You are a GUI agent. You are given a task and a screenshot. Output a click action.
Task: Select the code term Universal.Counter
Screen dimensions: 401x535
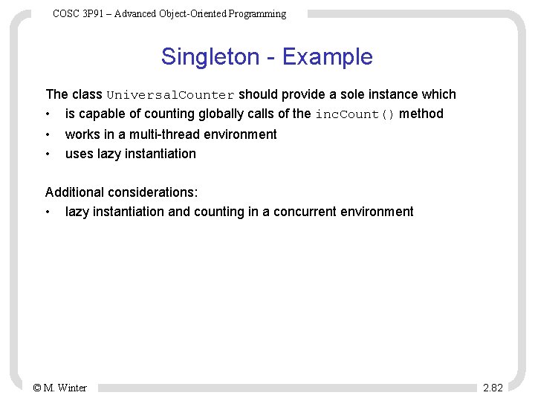[x=171, y=95]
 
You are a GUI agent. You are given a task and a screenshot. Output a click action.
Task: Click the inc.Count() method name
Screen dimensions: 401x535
[x=355, y=114]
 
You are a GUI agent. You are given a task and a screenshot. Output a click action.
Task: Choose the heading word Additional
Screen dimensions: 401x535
[x=74, y=192]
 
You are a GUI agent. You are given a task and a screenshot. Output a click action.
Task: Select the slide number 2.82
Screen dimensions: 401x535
[x=493, y=388]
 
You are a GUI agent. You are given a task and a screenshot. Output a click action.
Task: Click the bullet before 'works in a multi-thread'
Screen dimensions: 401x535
[x=48, y=134]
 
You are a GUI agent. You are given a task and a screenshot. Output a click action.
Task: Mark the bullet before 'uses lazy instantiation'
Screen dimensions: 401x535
[x=48, y=154]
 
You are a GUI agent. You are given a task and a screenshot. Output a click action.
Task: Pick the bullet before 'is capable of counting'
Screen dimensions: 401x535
[x=48, y=114]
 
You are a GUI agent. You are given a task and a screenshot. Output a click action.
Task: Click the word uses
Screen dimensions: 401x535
[x=79, y=154]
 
